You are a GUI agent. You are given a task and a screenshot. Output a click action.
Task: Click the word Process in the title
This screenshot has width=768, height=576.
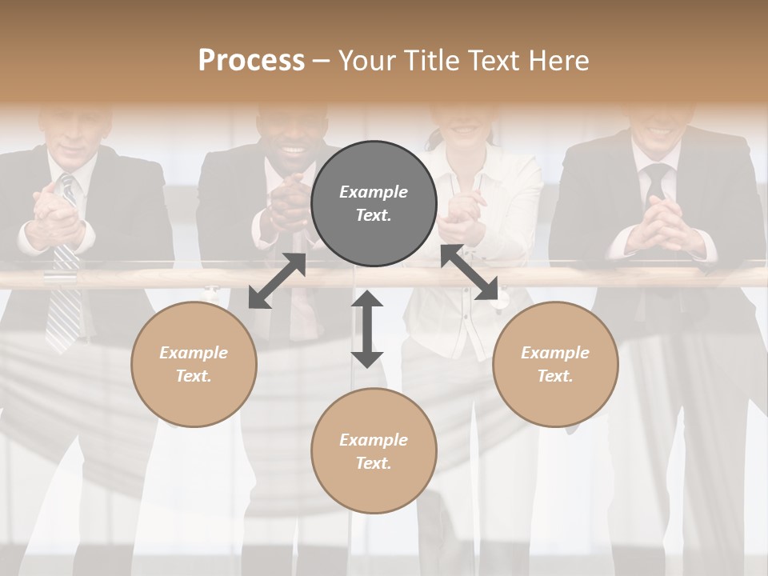(x=251, y=61)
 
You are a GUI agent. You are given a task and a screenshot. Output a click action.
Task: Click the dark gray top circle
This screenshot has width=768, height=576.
(x=374, y=204)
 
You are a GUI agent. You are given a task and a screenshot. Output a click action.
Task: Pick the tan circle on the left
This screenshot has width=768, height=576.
(x=194, y=364)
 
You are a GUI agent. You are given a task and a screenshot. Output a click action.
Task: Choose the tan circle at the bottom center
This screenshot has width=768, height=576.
(x=374, y=450)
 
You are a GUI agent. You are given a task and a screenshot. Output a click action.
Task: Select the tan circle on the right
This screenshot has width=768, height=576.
(x=555, y=364)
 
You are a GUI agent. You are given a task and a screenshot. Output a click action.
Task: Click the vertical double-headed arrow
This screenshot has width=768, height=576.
(x=367, y=329)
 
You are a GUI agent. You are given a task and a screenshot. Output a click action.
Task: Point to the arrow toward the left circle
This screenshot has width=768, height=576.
(x=277, y=281)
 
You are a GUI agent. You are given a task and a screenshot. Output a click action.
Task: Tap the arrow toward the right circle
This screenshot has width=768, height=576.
(x=470, y=273)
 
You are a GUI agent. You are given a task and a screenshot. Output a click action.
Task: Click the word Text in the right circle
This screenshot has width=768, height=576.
(x=554, y=376)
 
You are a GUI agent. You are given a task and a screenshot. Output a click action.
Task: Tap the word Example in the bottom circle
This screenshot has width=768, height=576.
(x=374, y=439)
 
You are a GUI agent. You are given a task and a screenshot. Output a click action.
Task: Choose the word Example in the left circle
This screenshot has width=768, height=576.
(x=194, y=353)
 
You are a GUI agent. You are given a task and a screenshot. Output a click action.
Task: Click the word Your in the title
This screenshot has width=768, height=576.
(x=366, y=61)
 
